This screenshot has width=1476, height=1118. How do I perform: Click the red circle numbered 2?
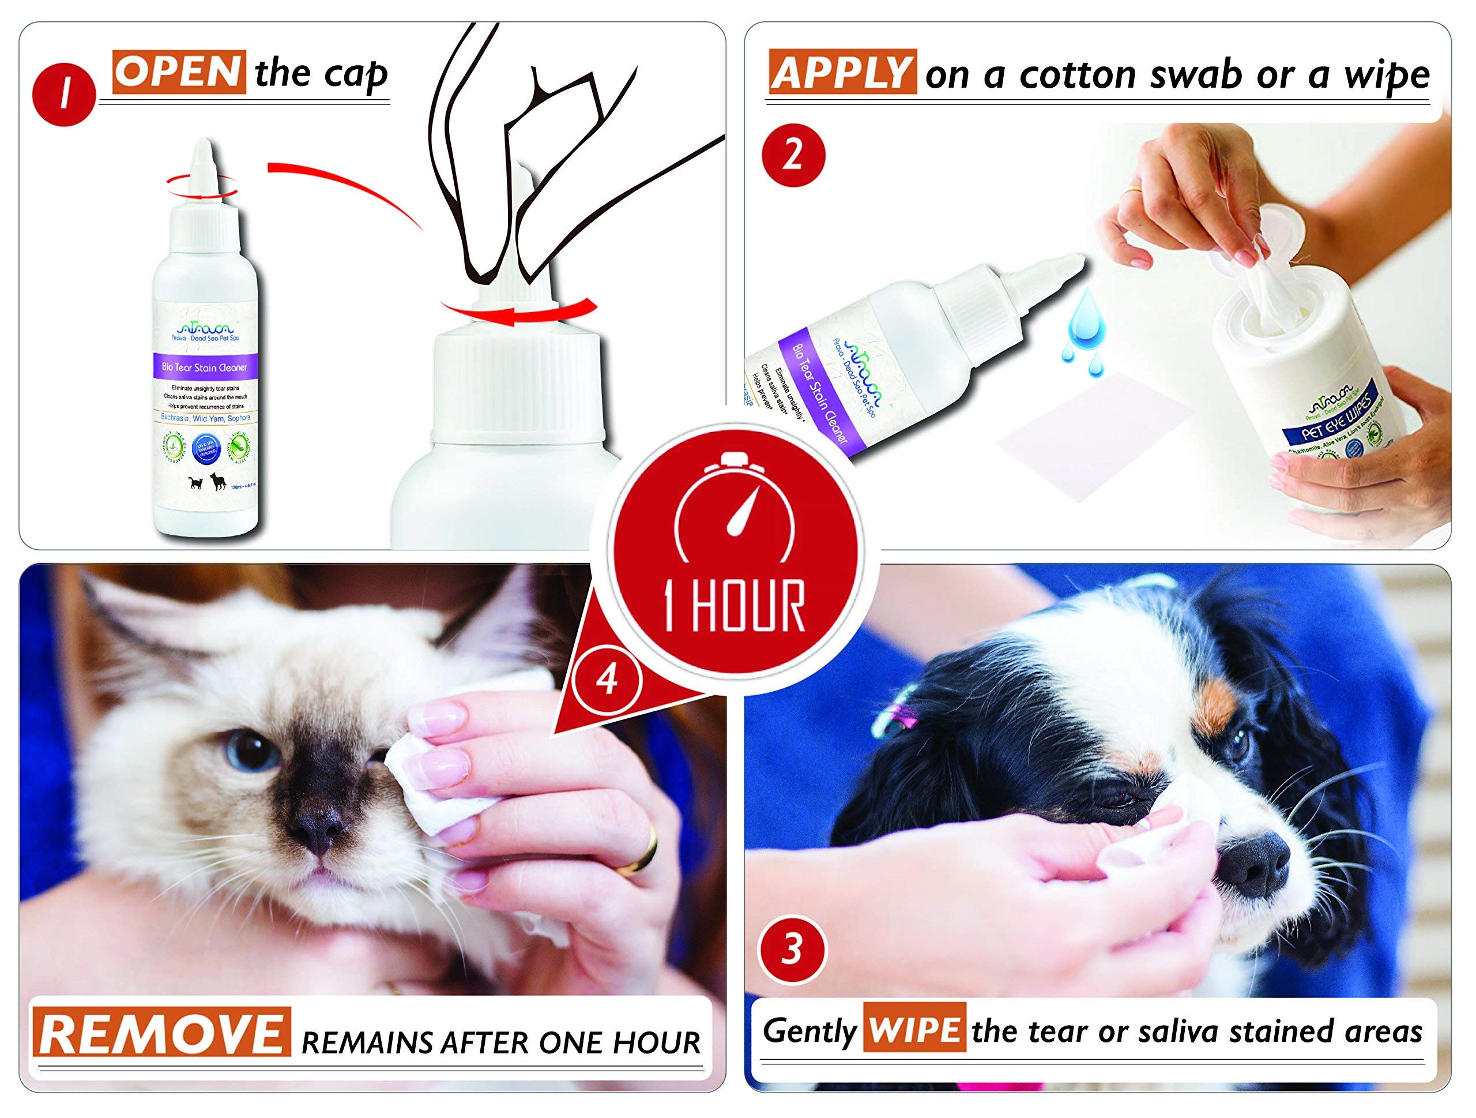tap(793, 156)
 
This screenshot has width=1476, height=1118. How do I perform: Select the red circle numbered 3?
tap(792, 948)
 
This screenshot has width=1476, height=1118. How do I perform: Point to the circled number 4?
tap(607, 681)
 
